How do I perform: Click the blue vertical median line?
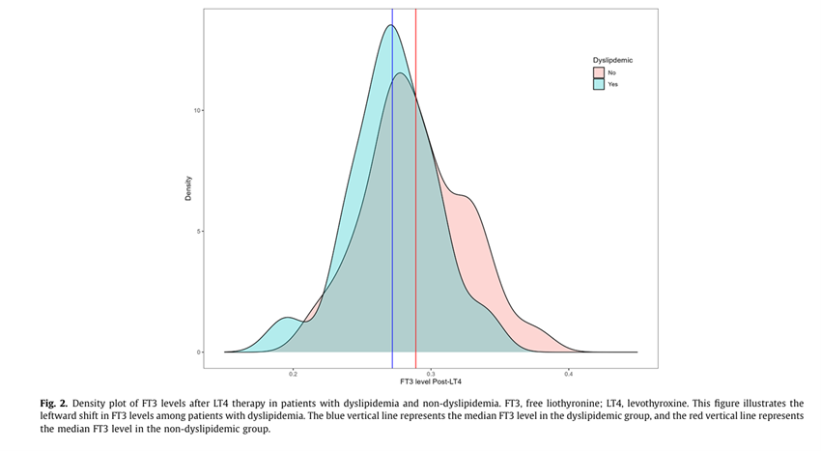click(x=392, y=241)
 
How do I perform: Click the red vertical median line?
click(x=415, y=241)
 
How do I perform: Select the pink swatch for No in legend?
click(x=599, y=72)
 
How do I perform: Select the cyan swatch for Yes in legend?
click(x=599, y=84)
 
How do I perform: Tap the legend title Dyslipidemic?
click(x=612, y=60)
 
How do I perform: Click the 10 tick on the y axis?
click(x=198, y=110)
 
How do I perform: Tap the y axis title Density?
click(x=188, y=187)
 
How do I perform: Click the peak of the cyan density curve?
click(x=390, y=26)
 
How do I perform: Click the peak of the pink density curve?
click(x=400, y=74)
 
